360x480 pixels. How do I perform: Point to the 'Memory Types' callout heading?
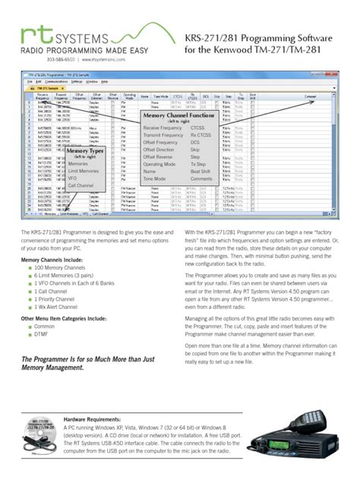86,152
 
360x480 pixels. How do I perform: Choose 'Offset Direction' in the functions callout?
163,150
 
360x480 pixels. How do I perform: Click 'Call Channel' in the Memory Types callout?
82,185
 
